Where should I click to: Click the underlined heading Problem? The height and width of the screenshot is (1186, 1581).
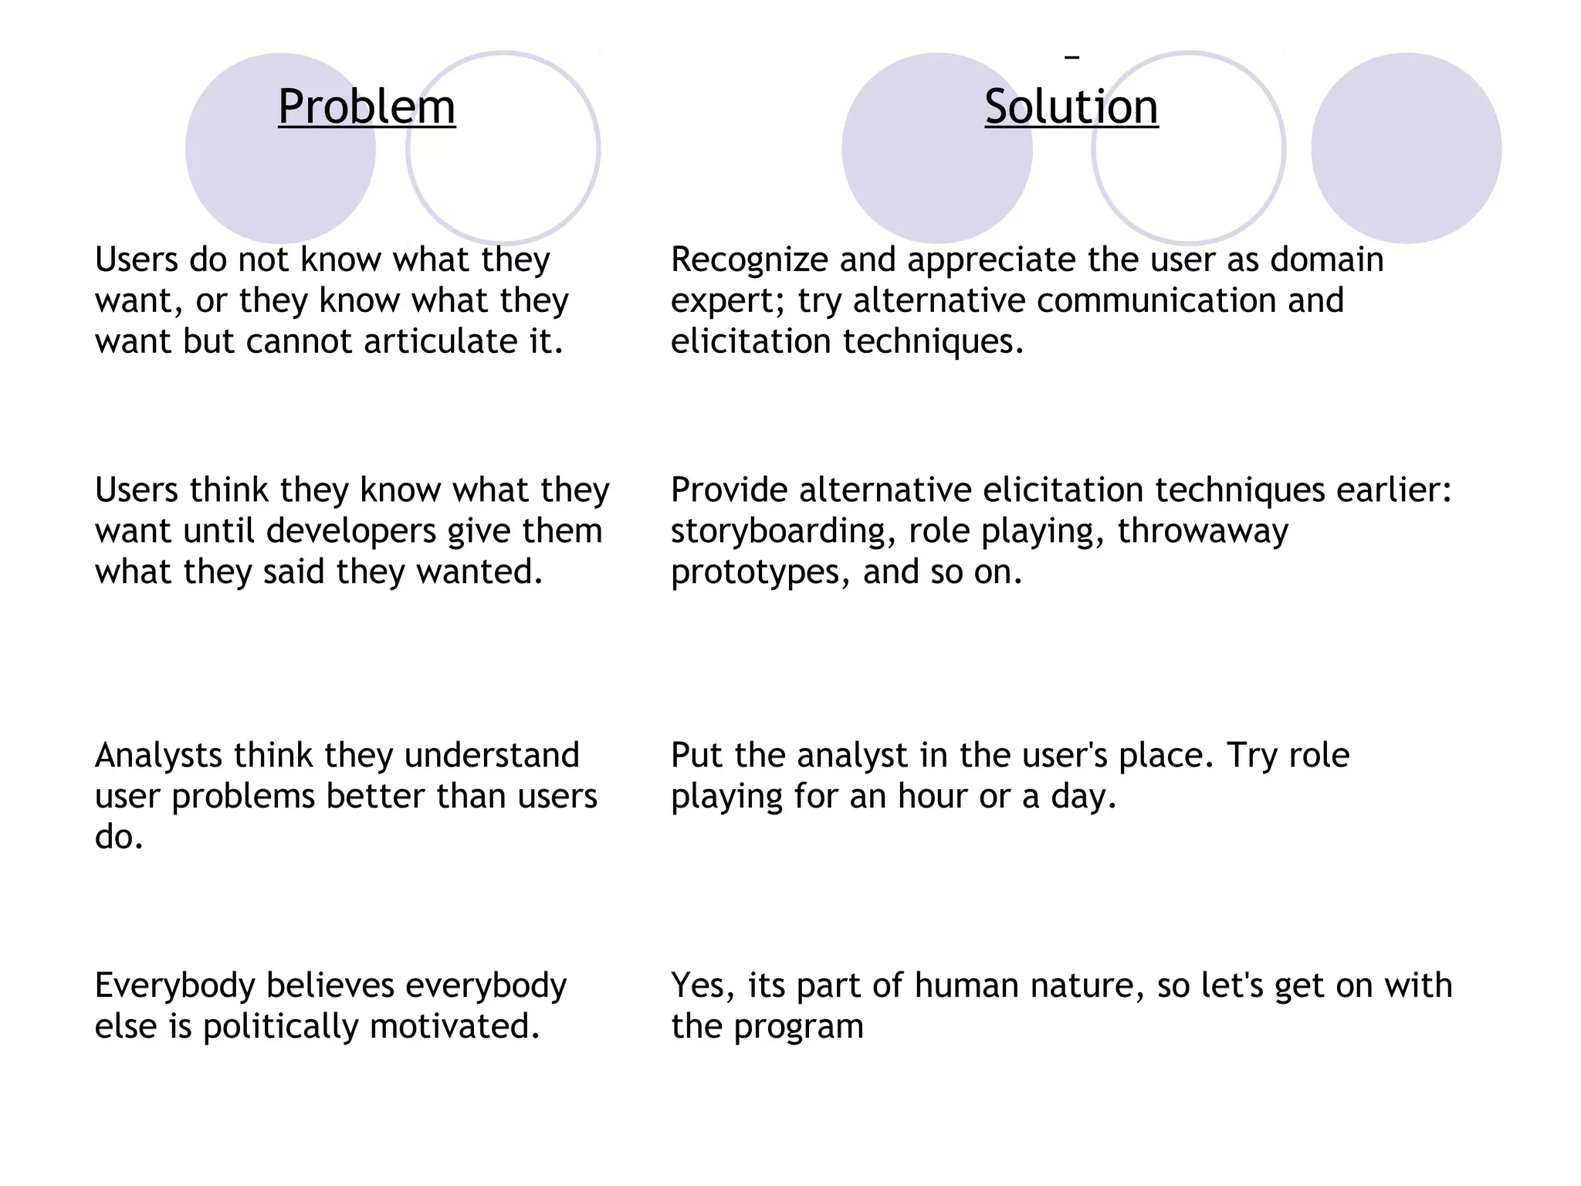click(367, 107)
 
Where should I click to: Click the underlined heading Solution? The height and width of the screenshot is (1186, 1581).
click(1071, 107)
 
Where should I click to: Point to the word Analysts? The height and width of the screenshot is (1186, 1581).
click(158, 755)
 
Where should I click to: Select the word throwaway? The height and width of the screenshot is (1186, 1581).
click(1202, 531)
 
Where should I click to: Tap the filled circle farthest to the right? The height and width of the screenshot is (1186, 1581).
click(1406, 148)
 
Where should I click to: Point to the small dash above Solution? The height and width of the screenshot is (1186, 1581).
click(1071, 56)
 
